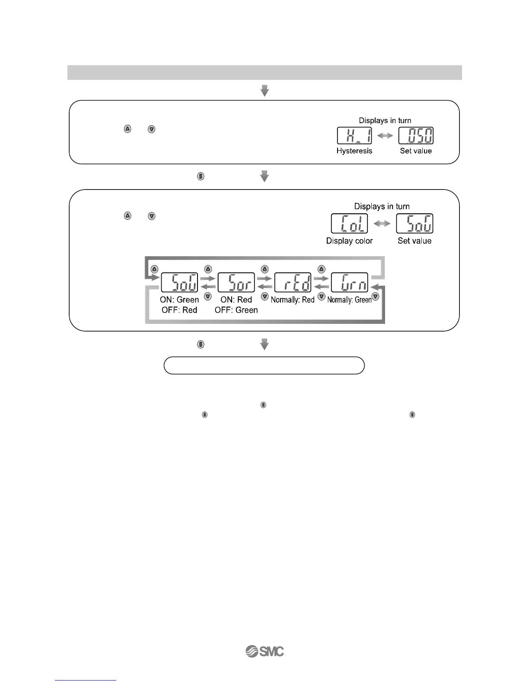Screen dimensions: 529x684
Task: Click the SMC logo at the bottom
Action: [x=264, y=652]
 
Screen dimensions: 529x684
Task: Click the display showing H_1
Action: [x=354, y=136]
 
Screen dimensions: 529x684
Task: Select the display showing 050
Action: [x=416, y=136]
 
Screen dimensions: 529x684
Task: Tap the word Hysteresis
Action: [x=354, y=151]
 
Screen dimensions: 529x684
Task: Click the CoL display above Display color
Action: [x=349, y=223]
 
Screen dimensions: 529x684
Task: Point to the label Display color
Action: [x=349, y=241]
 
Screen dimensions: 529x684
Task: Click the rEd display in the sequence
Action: [x=293, y=282]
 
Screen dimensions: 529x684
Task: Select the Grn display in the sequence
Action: [x=349, y=282]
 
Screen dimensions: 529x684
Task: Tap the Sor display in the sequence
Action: [x=236, y=282]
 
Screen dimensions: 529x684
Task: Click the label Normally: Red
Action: [x=293, y=300]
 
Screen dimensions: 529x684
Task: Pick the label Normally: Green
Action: [x=349, y=300]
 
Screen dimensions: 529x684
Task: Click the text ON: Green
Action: [x=179, y=300]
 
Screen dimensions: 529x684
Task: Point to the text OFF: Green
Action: [x=236, y=310]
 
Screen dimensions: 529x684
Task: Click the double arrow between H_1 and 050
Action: [x=385, y=136]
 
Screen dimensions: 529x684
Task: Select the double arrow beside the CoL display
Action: [x=382, y=224]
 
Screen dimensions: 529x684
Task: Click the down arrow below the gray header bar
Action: [x=264, y=91]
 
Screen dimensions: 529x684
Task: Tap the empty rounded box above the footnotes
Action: [x=264, y=365]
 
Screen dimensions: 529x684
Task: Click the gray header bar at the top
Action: [x=264, y=73]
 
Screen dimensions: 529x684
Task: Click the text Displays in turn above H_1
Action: [x=385, y=120]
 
